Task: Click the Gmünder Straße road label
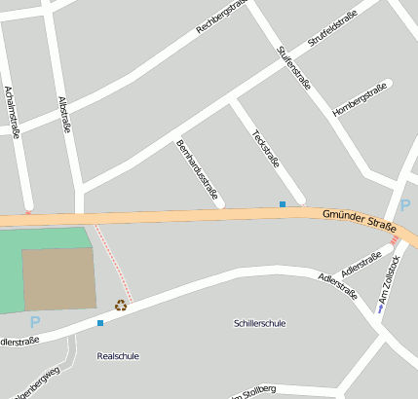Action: point(359,224)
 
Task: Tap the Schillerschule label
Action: point(260,323)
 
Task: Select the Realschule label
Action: point(118,356)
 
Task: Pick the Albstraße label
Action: point(65,114)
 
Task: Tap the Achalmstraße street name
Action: point(13,112)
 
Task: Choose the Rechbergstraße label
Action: point(219,17)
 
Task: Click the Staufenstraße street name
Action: point(293,67)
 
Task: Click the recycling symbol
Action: point(121,305)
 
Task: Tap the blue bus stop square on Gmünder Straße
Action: point(283,204)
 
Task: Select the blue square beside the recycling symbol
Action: point(99,322)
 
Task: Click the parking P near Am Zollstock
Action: point(405,205)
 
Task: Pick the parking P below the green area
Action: point(35,322)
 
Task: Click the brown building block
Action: point(59,278)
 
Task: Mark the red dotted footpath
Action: point(113,261)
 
